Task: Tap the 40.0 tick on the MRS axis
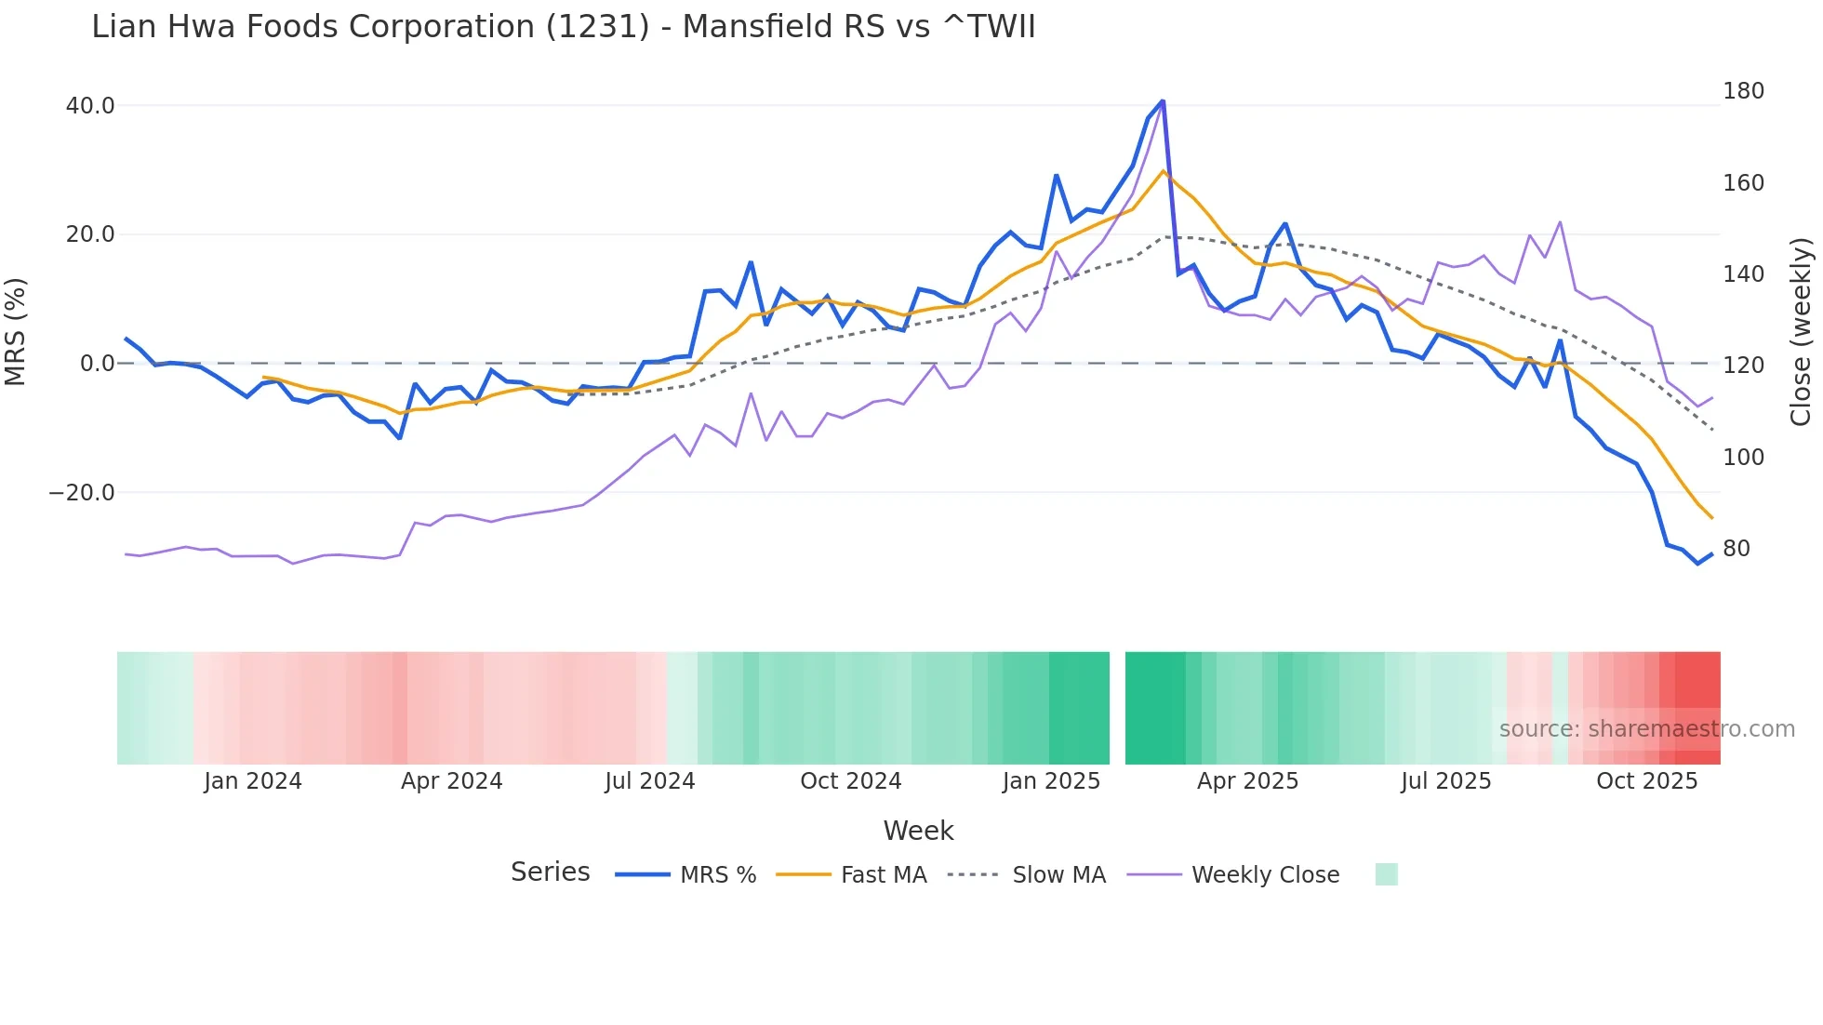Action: click(x=90, y=106)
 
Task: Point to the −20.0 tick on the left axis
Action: click(x=82, y=493)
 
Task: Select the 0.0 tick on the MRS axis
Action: click(x=97, y=364)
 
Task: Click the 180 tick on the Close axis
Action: click(x=1743, y=91)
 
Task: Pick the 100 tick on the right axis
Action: click(x=1743, y=458)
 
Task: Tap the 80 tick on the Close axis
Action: click(x=1737, y=549)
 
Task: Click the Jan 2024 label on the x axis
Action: click(x=253, y=781)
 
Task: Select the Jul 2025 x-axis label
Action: click(x=1445, y=781)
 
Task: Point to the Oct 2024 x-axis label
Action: click(x=850, y=781)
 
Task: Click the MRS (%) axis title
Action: click(x=16, y=331)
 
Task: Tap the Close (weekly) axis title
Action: click(x=1801, y=332)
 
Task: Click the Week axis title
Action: click(x=918, y=831)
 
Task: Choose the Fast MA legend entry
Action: click(x=883, y=875)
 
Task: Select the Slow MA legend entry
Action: click(x=1058, y=875)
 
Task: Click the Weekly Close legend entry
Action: click(x=1264, y=875)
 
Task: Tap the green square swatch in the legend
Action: click(x=1386, y=874)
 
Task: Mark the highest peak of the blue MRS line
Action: click(x=1163, y=100)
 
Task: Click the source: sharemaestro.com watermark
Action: click(x=1646, y=729)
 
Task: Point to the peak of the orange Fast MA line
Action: click(x=1163, y=171)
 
